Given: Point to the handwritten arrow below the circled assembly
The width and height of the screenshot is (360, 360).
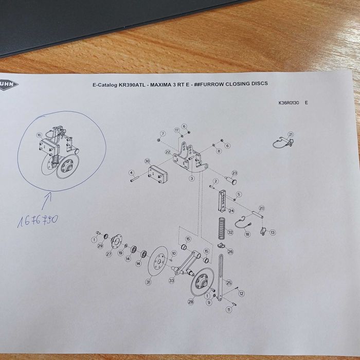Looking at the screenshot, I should click(x=49, y=197).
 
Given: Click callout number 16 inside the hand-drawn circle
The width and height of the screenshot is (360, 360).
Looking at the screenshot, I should click(x=39, y=135).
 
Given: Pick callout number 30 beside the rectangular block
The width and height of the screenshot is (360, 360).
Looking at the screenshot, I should click(x=147, y=161).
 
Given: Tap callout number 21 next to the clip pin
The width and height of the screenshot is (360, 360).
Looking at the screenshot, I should click(x=291, y=135).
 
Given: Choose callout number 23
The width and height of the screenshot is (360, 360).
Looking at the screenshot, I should click(x=235, y=173).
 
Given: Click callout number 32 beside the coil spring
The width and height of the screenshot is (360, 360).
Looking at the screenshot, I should click(x=230, y=232).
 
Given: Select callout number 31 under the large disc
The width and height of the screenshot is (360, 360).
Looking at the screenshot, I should click(x=148, y=282).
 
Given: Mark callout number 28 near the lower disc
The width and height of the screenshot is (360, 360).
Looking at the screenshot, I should click(x=191, y=302).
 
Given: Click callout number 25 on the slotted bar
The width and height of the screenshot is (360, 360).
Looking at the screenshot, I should click(x=229, y=283).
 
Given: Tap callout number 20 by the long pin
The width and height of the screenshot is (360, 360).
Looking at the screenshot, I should click(x=261, y=208).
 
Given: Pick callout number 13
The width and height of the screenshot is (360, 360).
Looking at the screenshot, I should click(x=273, y=232).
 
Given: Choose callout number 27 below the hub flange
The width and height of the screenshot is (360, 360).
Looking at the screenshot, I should click(x=109, y=254).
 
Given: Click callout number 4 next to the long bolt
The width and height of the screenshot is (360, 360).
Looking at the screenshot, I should click(x=131, y=173).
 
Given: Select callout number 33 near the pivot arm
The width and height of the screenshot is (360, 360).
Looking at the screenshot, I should click(x=171, y=280).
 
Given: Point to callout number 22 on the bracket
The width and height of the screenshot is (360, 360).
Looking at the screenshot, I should click(x=168, y=152).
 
